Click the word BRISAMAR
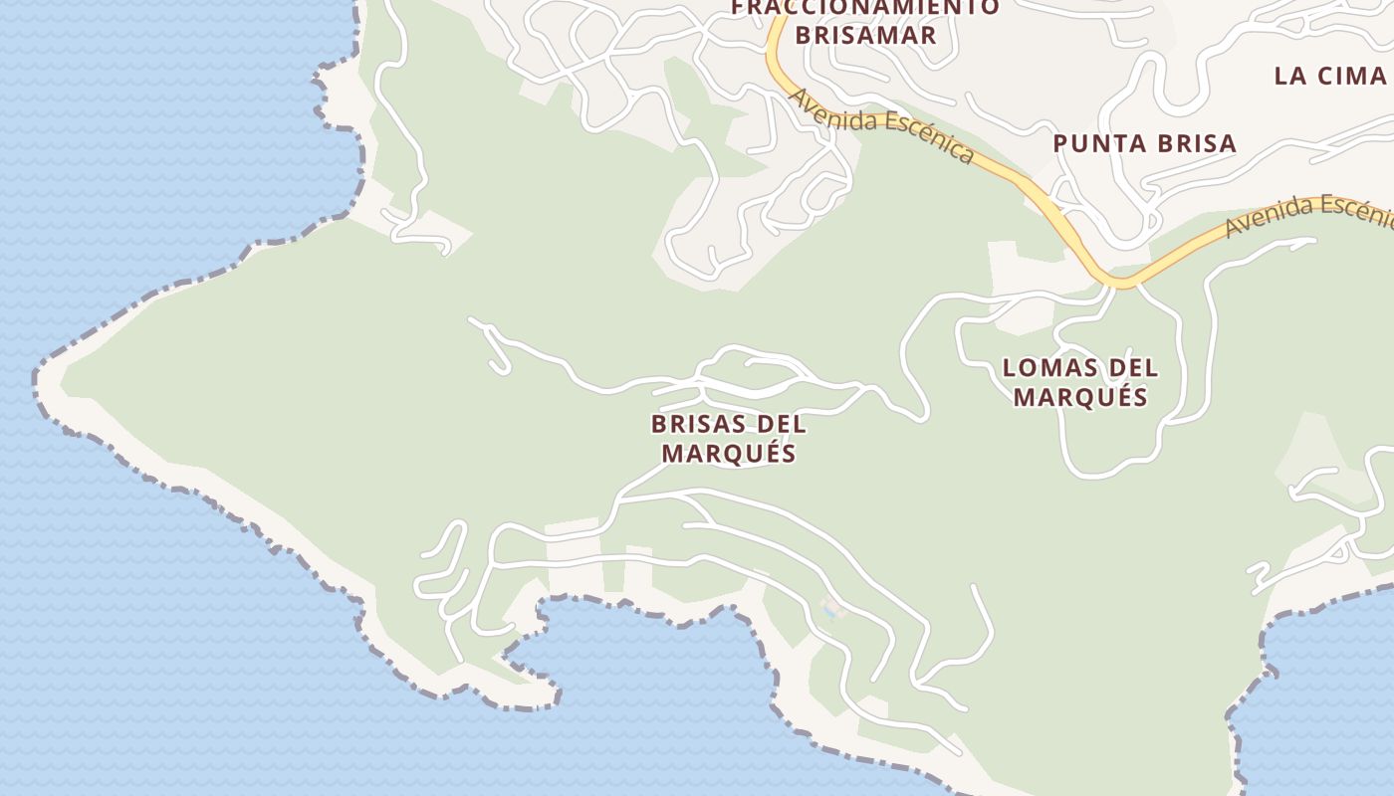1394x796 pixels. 865,35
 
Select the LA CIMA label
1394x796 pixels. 1330,76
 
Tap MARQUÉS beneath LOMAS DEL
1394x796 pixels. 1080,397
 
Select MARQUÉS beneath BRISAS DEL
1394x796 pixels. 729,453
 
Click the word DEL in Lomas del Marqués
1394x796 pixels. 1134,368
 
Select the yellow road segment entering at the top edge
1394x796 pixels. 774,30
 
